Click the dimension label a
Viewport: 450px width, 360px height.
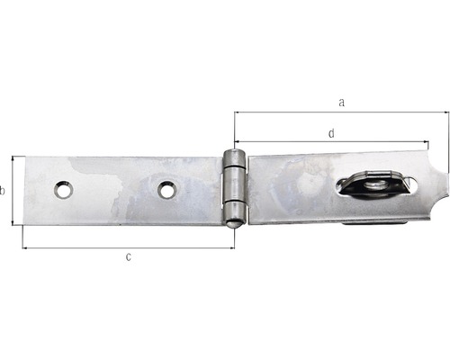[x=341, y=103]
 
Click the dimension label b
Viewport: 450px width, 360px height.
[x=4, y=190]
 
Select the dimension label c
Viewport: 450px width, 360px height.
[x=129, y=257]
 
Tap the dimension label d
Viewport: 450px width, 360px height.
[x=331, y=132]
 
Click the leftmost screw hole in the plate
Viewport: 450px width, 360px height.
[x=62, y=190]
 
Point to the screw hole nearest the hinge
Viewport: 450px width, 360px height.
[x=166, y=189]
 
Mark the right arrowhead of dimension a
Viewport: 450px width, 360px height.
[x=445, y=112]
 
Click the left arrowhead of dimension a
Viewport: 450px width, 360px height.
[x=237, y=112]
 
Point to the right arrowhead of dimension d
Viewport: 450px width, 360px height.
[x=426, y=142]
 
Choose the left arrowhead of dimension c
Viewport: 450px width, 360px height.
[x=25, y=247]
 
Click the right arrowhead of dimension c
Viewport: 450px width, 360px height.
[x=231, y=247]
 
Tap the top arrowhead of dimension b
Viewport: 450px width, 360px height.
[x=13, y=158]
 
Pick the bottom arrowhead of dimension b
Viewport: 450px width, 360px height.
[x=13, y=222]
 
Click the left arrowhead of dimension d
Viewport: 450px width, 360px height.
[x=237, y=142]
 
